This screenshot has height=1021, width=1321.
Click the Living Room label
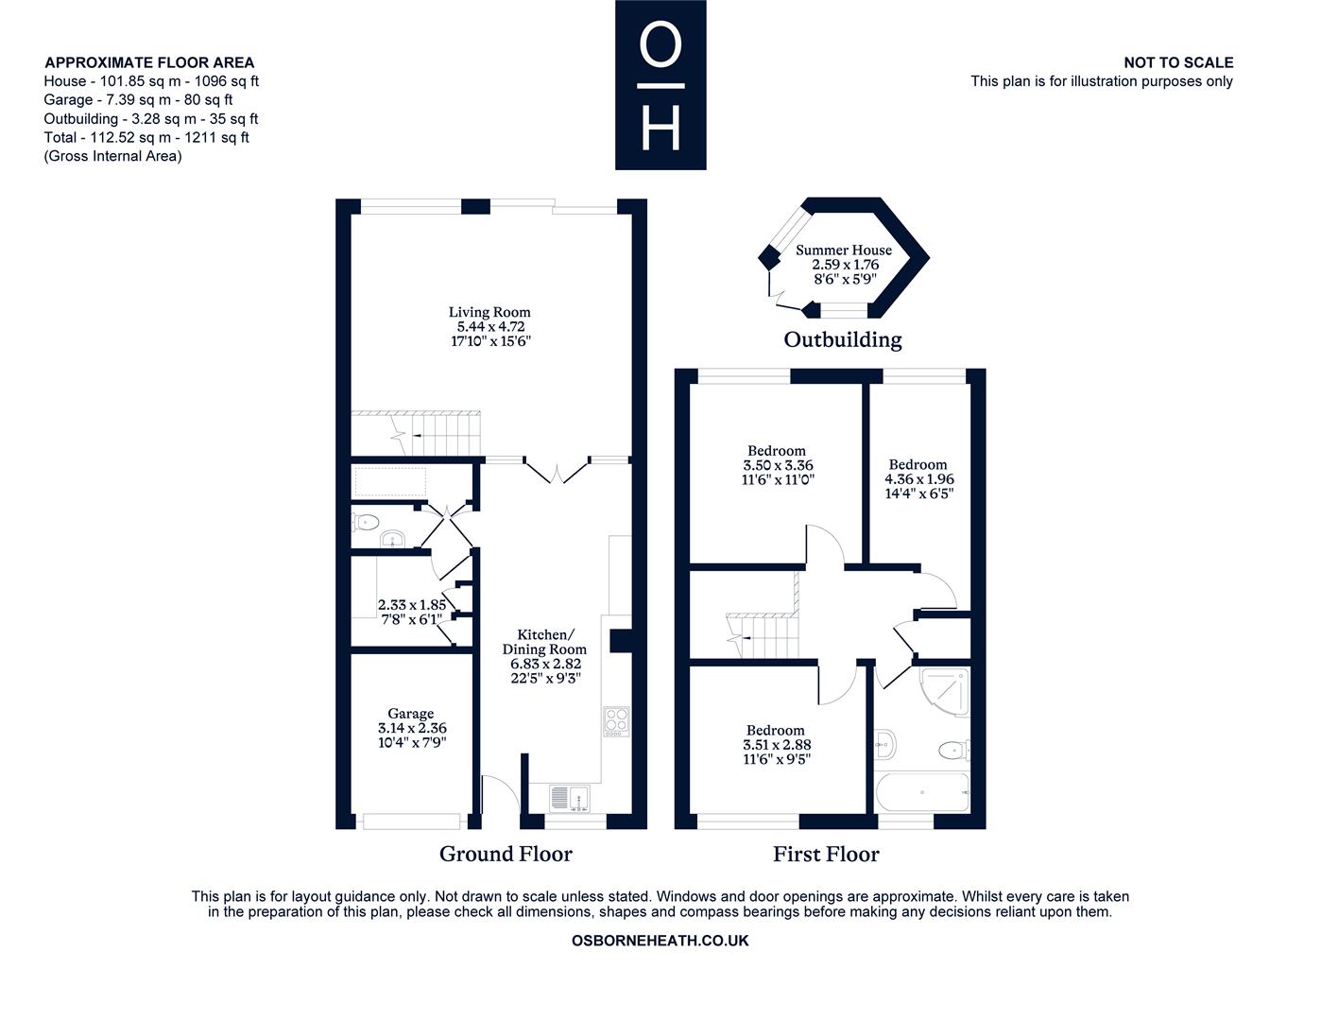(x=489, y=312)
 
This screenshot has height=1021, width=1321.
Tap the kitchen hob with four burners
(x=616, y=722)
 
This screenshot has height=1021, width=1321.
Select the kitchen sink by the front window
(x=569, y=799)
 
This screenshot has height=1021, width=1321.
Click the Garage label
(x=411, y=714)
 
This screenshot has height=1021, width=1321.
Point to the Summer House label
(x=844, y=250)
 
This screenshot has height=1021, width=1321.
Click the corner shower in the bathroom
(x=945, y=691)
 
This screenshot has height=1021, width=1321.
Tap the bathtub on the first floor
(x=922, y=791)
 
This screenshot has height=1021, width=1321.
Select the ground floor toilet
(x=366, y=522)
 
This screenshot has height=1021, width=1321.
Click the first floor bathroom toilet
(x=953, y=751)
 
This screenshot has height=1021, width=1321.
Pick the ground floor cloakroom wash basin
(x=393, y=539)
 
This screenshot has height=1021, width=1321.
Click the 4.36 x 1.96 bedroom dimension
(x=919, y=479)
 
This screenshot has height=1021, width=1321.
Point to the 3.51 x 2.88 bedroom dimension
(x=777, y=745)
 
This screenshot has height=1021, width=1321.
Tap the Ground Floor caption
(x=506, y=855)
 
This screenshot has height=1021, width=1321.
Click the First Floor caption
(x=826, y=855)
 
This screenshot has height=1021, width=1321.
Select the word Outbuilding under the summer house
(x=843, y=340)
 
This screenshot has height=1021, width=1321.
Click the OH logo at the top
(x=660, y=85)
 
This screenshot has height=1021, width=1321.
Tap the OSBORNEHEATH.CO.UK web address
(x=660, y=941)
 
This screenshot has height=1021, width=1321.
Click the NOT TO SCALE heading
(x=1178, y=62)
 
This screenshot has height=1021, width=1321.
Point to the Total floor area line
(x=146, y=137)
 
